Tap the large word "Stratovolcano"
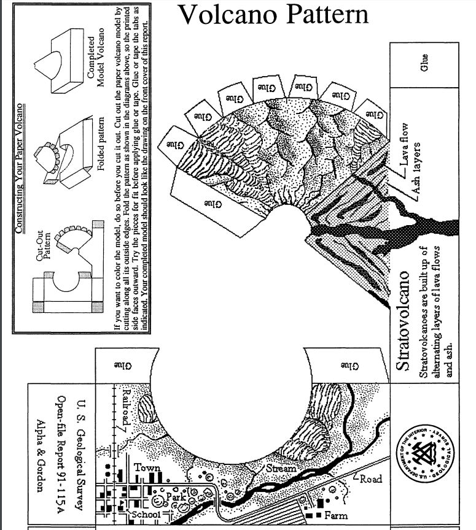click(x=402, y=319)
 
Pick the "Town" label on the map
click(x=147, y=467)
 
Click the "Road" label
click(x=371, y=479)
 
